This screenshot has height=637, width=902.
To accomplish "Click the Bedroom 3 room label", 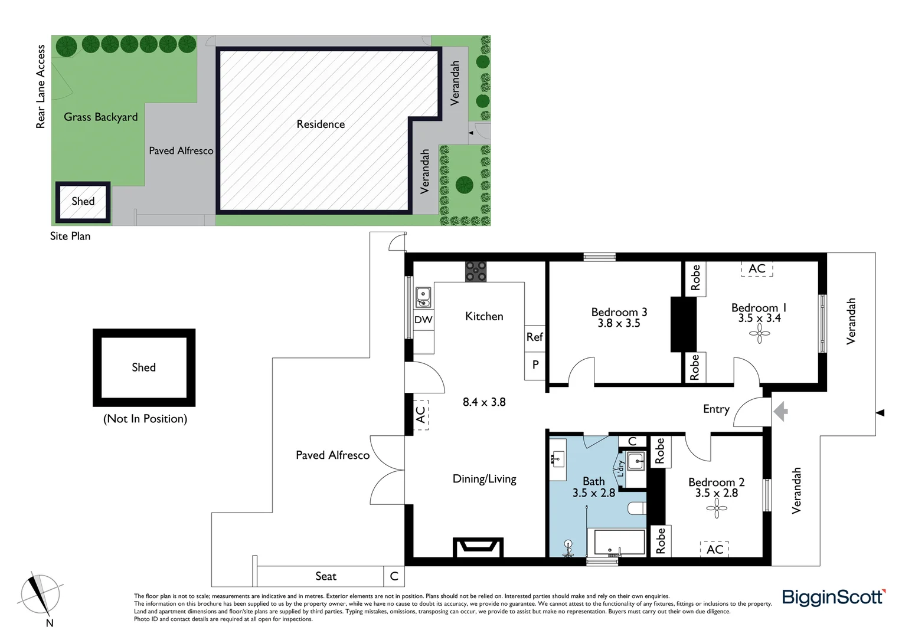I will (619, 313).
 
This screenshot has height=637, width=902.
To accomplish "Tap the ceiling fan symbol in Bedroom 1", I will (759, 336).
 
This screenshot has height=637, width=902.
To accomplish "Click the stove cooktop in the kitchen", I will (476, 272).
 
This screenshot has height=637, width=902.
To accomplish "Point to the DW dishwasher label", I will (423, 320).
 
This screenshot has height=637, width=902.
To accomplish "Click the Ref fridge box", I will (534, 337).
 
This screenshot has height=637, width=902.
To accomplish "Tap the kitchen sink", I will (423, 297).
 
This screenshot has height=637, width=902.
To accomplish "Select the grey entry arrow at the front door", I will (780, 411).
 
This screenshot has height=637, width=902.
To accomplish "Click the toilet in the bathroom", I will (637, 508).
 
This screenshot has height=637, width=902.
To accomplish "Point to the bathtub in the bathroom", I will (619, 542).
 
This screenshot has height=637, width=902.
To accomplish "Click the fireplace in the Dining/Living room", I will (478, 547).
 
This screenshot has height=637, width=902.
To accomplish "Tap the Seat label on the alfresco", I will (326, 576).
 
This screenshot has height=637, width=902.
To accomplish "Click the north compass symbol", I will (40, 595).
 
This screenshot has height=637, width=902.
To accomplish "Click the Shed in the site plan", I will (83, 202).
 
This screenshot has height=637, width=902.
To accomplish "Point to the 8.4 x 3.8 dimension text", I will (484, 402).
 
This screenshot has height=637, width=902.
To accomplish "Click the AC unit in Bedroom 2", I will (715, 549).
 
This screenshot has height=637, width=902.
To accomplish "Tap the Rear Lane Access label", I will (41, 87).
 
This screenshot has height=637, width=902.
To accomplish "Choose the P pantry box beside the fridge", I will (535, 365).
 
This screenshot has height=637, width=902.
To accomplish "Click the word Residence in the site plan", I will (321, 124).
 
